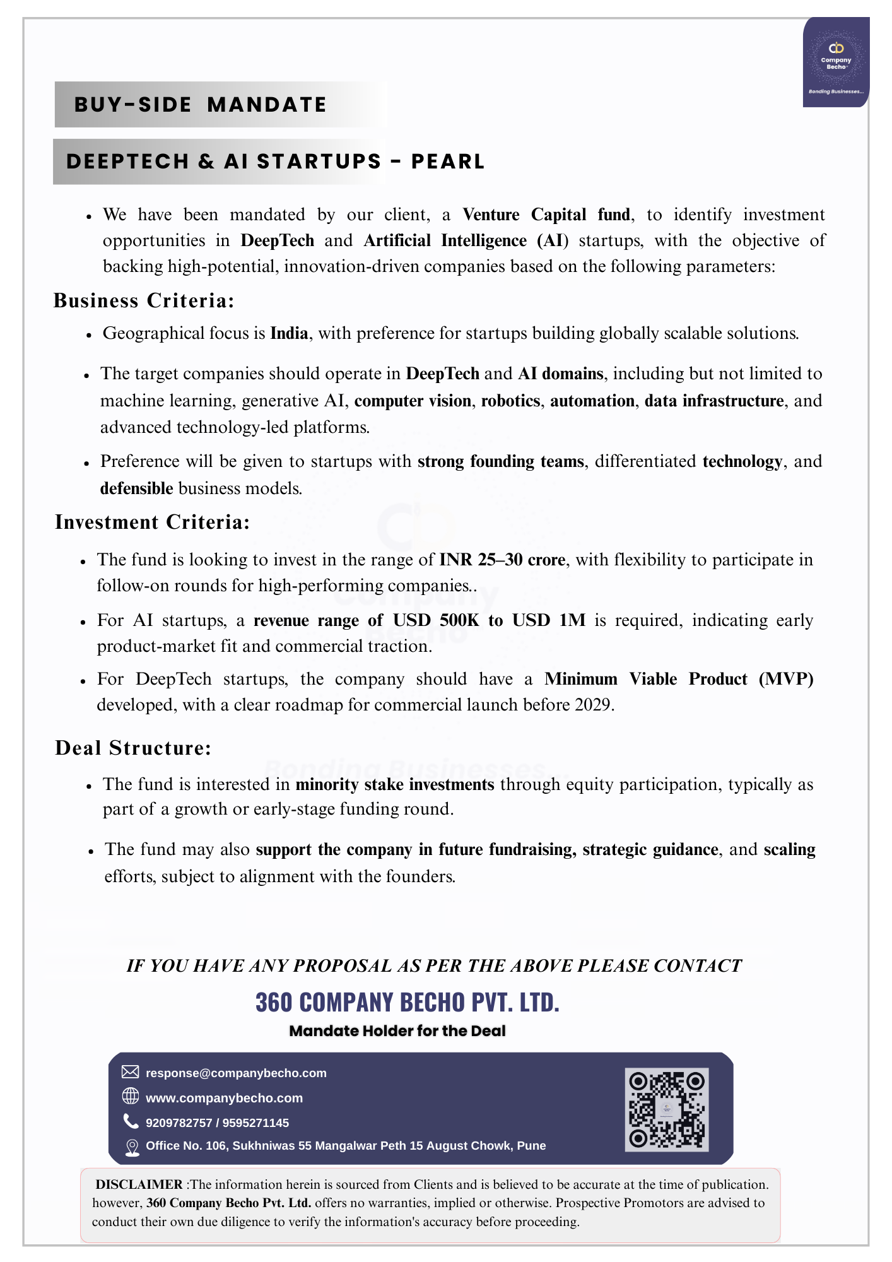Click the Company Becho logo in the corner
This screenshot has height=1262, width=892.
click(x=835, y=62)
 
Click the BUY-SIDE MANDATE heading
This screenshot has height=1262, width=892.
click(x=201, y=105)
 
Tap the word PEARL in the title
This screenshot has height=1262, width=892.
click(x=448, y=162)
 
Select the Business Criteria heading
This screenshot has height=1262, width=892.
click(x=144, y=300)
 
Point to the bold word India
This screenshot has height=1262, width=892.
click(x=289, y=333)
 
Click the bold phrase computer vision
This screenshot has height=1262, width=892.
click(x=413, y=401)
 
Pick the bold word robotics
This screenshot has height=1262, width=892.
click(x=510, y=401)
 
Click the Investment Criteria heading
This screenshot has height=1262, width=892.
click(x=152, y=522)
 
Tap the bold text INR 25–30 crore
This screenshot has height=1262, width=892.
click(x=502, y=560)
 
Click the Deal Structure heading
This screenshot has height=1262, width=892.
click(x=133, y=748)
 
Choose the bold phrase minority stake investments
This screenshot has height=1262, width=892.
click(x=395, y=784)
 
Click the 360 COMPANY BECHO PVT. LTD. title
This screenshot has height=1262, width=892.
click(x=408, y=1002)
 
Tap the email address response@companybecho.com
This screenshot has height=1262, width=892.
click(x=236, y=1073)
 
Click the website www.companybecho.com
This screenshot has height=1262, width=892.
click(x=224, y=1098)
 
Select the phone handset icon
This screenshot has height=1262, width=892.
click(x=131, y=1121)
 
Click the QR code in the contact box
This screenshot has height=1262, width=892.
click(x=666, y=1109)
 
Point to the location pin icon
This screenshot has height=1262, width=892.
click(x=131, y=1147)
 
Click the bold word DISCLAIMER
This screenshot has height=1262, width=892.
click(x=139, y=1184)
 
